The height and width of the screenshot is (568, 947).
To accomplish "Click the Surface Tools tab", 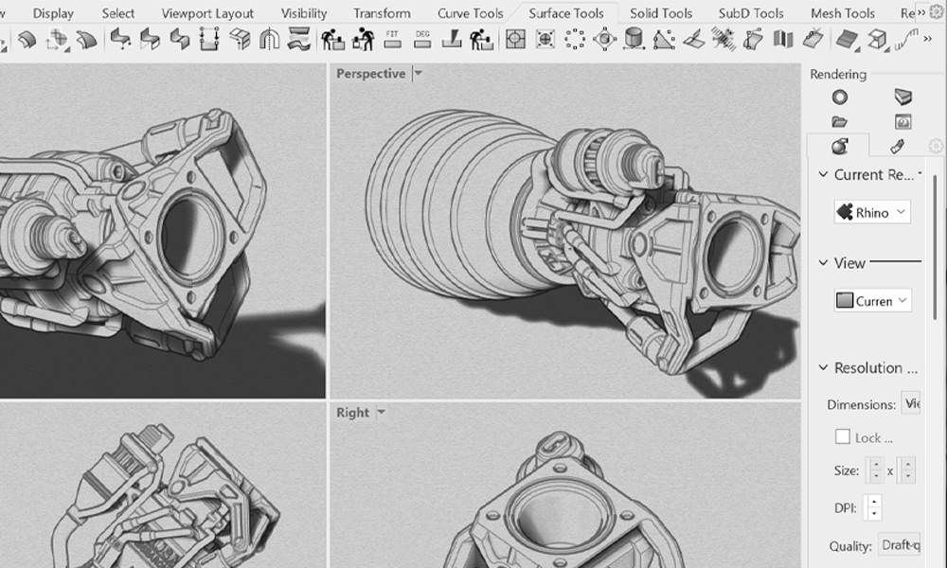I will point(566,13).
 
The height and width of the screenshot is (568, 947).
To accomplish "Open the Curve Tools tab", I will point(471,13).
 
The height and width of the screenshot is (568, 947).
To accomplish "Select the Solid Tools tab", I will point(661,13).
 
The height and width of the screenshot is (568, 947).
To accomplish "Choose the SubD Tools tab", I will point(751,13).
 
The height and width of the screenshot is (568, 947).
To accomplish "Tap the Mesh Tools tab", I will point(843,13).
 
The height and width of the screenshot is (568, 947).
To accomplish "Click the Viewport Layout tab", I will point(207,13).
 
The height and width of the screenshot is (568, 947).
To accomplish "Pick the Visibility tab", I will point(304,13).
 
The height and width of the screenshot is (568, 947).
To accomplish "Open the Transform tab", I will point(382,13).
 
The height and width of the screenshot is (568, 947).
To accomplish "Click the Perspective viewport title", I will point(370,74).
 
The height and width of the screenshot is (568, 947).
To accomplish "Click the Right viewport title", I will point(352,413).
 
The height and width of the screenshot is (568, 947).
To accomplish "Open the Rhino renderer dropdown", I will point(872,212).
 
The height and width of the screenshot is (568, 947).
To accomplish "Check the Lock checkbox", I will point(842,437).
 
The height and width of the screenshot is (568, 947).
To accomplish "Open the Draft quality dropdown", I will point(899,545).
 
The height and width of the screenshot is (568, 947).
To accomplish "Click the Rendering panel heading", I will point(838,75).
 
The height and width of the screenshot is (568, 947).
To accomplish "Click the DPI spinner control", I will point(873,507).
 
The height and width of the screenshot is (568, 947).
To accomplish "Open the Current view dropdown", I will point(872,301).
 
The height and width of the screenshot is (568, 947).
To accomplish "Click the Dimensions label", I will point(861,404).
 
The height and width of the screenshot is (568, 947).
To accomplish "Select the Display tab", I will point(53,13).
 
